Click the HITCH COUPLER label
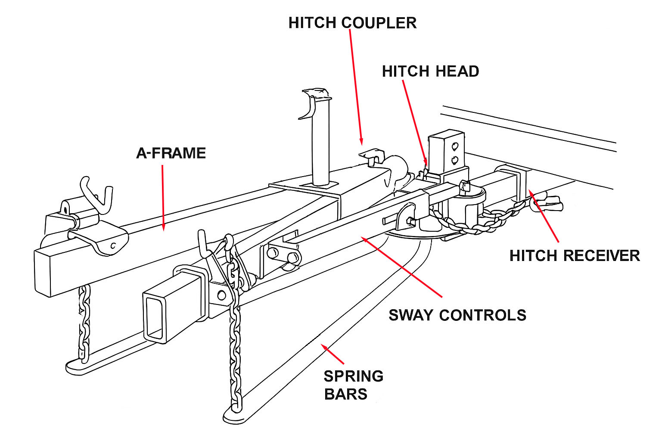pyautogui.click(x=352, y=23)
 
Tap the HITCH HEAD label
pyautogui.click(x=430, y=71)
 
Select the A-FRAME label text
pyautogui.click(x=171, y=153)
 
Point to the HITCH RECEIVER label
pyautogui.click(x=574, y=256)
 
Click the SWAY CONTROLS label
pyautogui.click(x=457, y=315)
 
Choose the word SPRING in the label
pyautogui.click(x=353, y=376)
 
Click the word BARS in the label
pyautogui.click(x=345, y=394)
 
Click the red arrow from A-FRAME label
pyautogui.click(x=163, y=198)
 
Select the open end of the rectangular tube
pyautogui.click(x=154, y=317)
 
